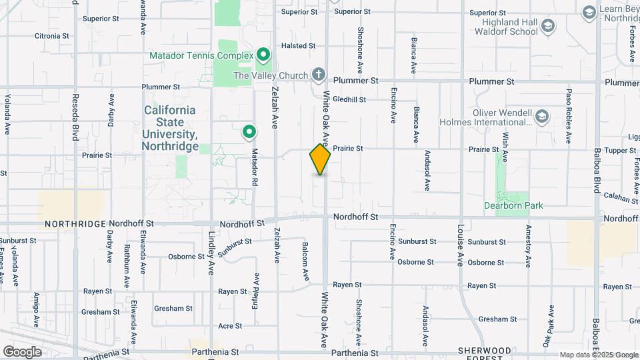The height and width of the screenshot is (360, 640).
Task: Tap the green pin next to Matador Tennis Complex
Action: (x=263, y=55)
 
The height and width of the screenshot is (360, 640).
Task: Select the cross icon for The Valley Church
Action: (x=319, y=74)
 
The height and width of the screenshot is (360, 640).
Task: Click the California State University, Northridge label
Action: (x=171, y=128)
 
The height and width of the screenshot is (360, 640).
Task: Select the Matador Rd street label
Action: (x=255, y=167)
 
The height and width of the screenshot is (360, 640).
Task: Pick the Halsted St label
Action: (x=298, y=45)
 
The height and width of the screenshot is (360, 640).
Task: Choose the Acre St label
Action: (x=230, y=326)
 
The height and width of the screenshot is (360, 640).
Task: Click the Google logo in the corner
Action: (x=22, y=351)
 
